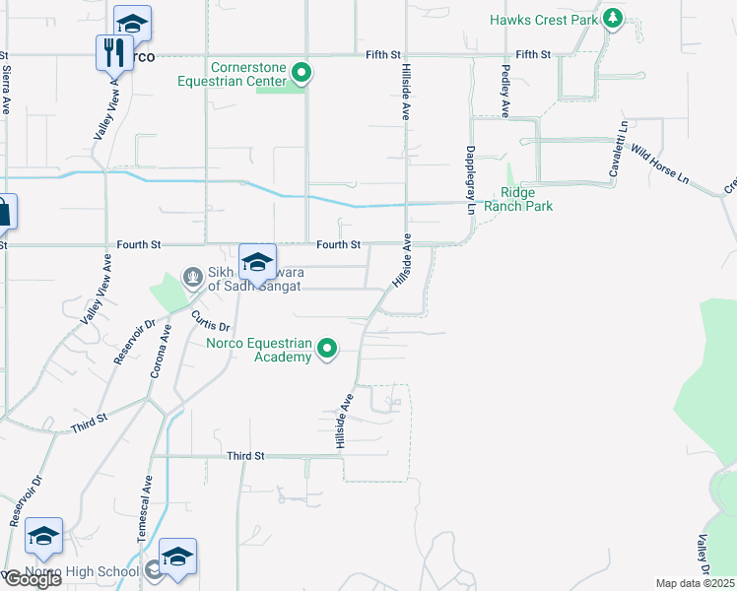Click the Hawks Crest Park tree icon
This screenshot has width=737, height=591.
click(x=613, y=19)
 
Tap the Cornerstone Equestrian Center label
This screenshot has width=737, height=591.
click(x=247, y=75)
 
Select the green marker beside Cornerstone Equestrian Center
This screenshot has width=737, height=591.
click(x=302, y=73)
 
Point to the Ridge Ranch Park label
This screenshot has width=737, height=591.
click(x=526, y=199)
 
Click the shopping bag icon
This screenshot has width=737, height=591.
click(x=3, y=212)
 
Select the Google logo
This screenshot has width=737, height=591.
click(x=33, y=579)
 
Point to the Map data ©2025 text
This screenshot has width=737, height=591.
click(x=695, y=583)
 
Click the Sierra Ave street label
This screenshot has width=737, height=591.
click(x=7, y=89)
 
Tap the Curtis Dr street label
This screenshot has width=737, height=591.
click(x=210, y=320)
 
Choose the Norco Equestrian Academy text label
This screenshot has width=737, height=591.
click(x=258, y=350)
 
